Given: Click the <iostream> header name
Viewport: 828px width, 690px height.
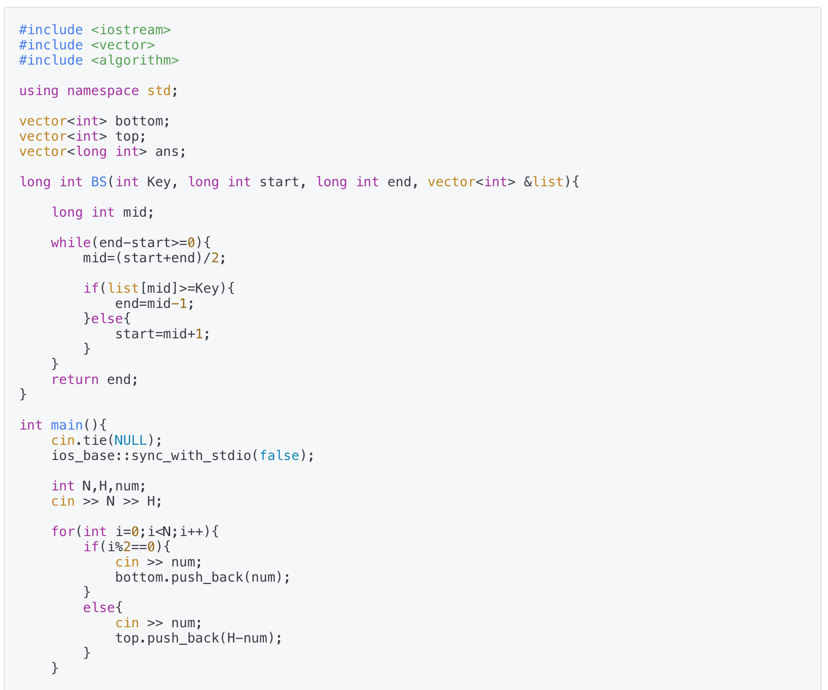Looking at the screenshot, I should [x=131, y=30].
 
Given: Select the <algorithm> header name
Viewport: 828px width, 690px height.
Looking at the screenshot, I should [x=135, y=60].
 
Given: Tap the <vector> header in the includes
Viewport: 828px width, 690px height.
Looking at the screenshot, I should [x=123, y=45].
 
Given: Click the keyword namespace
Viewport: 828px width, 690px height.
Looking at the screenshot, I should [x=103, y=91].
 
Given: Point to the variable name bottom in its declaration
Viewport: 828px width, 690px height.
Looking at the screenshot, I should [x=139, y=121].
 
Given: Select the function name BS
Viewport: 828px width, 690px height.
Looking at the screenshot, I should [x=99, y=182].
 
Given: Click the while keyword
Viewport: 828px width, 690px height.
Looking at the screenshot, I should [x=71, y=243].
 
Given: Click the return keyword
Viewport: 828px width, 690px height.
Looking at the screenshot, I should [x=75, y=380].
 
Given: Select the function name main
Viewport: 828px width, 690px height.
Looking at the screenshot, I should [x=67, y=425].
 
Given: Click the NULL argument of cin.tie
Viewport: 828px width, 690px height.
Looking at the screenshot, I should [x=131, y=441].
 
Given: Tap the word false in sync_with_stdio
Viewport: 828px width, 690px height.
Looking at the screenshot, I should [x=279, y=456].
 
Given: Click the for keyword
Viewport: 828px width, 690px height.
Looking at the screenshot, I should [x=63, y=532].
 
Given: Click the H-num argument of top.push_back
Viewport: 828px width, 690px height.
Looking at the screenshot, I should [x=247, y=638].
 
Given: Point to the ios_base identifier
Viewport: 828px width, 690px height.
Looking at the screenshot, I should [x=87, y=456].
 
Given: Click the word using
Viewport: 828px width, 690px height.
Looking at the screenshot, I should [x=39, y=91].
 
